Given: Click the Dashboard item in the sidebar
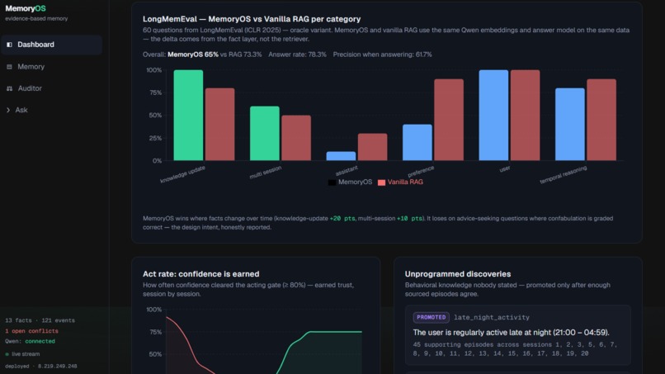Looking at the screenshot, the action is (x=51, y=45).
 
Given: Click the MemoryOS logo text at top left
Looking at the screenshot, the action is (x=26, y=8).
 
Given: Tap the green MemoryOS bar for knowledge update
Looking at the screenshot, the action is (x=188, y=116).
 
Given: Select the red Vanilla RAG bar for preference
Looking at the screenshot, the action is (x=449, y=120).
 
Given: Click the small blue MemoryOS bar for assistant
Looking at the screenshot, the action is (x=341, y=156).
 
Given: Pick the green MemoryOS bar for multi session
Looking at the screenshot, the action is (x=265, y=133).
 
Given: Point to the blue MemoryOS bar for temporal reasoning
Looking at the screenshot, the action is (x=570, y=125).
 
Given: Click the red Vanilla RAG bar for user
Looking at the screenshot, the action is (x=525, y=116).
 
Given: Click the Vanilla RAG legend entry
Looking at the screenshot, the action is (x=400, y=182).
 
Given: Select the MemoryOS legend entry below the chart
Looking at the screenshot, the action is (x=351, y=182).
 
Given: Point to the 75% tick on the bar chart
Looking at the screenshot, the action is (x=155, y=92).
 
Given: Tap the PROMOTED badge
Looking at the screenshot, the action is (x=431, y=317).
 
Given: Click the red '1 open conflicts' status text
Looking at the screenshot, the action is (x=32, y=331).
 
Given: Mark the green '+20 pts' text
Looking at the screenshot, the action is (x=342, y=219).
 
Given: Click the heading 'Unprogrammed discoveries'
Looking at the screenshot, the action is (x=458, y=274).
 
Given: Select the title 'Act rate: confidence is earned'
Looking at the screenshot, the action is (x=201, y=274).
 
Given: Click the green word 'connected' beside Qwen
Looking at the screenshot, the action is (x=40, y=341).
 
